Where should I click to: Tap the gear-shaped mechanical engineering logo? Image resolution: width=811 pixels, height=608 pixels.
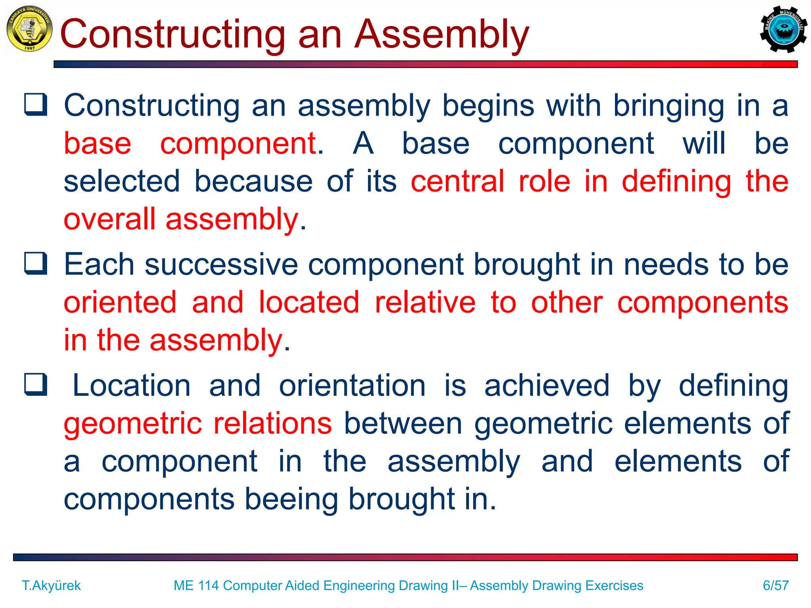click(783, 29)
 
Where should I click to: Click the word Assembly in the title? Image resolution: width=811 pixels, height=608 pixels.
click(441, 35)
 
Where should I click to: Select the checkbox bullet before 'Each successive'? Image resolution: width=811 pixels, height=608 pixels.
click(36, 264)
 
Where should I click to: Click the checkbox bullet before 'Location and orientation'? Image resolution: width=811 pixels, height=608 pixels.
click(36, 384)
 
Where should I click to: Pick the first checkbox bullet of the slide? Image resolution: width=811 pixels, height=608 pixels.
click(36, 104)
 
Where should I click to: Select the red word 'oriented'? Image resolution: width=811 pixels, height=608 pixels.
click(120, 302)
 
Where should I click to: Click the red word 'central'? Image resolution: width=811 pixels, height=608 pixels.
click(457, 181)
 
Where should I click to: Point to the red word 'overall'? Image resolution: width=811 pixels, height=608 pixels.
click(110, 219)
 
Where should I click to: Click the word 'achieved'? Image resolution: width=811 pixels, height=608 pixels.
click(546, 385)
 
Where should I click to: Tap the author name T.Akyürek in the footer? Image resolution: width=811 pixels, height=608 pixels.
click(51, 585)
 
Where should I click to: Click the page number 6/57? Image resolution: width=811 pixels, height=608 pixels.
click(775, 585)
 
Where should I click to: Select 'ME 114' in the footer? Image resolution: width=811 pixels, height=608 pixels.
click(196, 585)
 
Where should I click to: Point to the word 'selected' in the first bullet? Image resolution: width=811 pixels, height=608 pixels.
click(122, 181)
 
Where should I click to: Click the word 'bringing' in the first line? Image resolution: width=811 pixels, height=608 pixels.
click(668, 106)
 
